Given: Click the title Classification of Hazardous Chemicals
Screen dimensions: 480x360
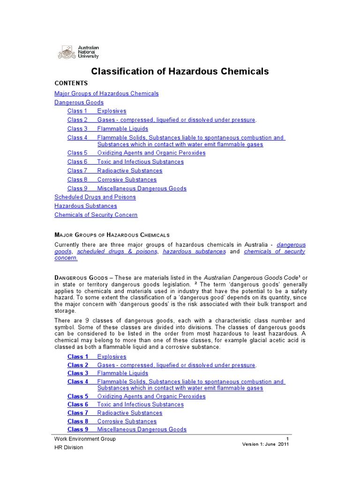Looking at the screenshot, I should pyautogui.click(x=180, y=71).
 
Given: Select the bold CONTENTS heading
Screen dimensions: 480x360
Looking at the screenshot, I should pyautogui.click(x=71, y=83).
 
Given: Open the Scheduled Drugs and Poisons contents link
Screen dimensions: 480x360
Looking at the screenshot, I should pyautogui.click(x=95, y=197).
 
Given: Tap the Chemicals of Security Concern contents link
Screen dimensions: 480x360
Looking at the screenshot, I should pyautogui.click(x=96, y=215).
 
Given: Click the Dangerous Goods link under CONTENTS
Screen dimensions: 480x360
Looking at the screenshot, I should pyautogui.click(x=79, y=102).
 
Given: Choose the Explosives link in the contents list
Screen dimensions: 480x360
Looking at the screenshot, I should pyautogui.click(x=112, y=111).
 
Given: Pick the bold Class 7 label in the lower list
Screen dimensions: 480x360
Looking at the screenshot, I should pyautogui.click(x=78, y=413).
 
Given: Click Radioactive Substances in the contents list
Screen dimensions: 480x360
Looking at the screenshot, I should pyautogui.click(x=130, y=171).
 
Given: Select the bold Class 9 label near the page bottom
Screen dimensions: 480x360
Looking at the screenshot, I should pyautogui.click(x=78, y=429).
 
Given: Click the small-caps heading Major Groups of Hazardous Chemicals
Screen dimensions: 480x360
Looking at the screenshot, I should pyautogui.click(x=112, y=235).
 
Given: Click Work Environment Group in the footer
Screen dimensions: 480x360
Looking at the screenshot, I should pyautogui.click(x=85, y=439).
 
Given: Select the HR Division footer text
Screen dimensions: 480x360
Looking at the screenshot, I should pyautogui.click(x=68, y=447).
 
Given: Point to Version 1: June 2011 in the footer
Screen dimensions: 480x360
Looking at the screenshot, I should pyautogui.click(x=265, y=444).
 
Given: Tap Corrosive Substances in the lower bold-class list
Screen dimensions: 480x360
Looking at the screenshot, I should pyautogui.click(x=127, y=421).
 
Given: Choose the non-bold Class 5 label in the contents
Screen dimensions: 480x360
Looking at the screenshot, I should pyautogui.click(x=77, y=153).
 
